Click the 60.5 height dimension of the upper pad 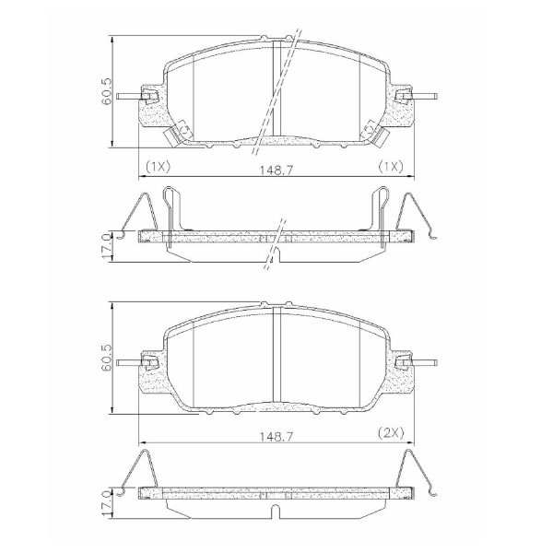[107, 91]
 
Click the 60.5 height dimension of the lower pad [107, 358]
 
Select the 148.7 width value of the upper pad [276, 171]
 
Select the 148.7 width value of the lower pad [276, 437]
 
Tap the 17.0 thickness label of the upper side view [107, 247]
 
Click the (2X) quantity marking [391, 432]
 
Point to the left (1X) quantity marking [158, 166]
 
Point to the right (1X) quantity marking [391, 166]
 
